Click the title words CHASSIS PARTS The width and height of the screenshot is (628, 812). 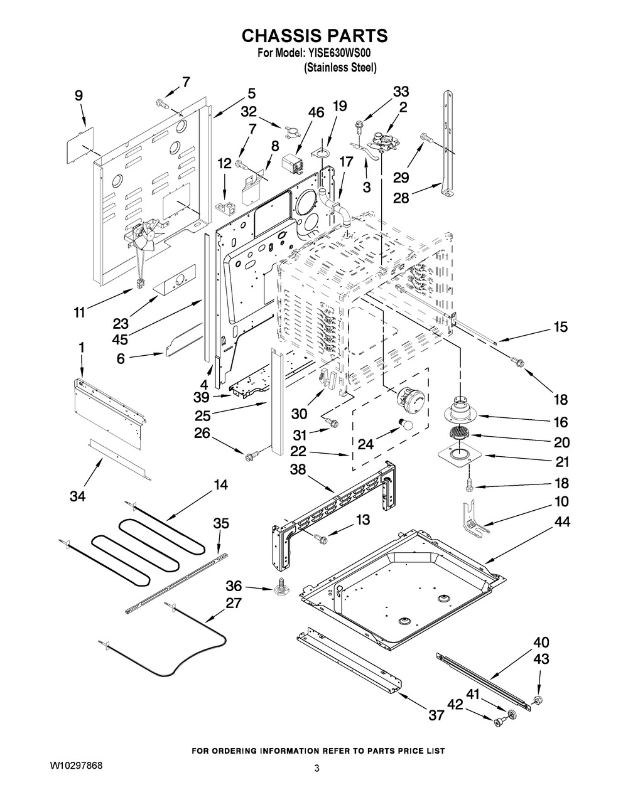(315, 36)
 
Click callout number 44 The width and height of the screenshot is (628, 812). (562, 522)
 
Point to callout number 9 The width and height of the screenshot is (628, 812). (78, 95)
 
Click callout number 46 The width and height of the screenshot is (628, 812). (317, 113)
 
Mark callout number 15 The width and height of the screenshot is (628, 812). (560, 327)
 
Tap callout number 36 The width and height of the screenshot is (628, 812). (234, 585)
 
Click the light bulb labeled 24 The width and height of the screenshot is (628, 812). (406, 425)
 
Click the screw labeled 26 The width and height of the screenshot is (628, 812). (251, 454)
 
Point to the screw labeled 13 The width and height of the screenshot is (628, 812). (321, 537)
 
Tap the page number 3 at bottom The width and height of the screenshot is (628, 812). (317, 768)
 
